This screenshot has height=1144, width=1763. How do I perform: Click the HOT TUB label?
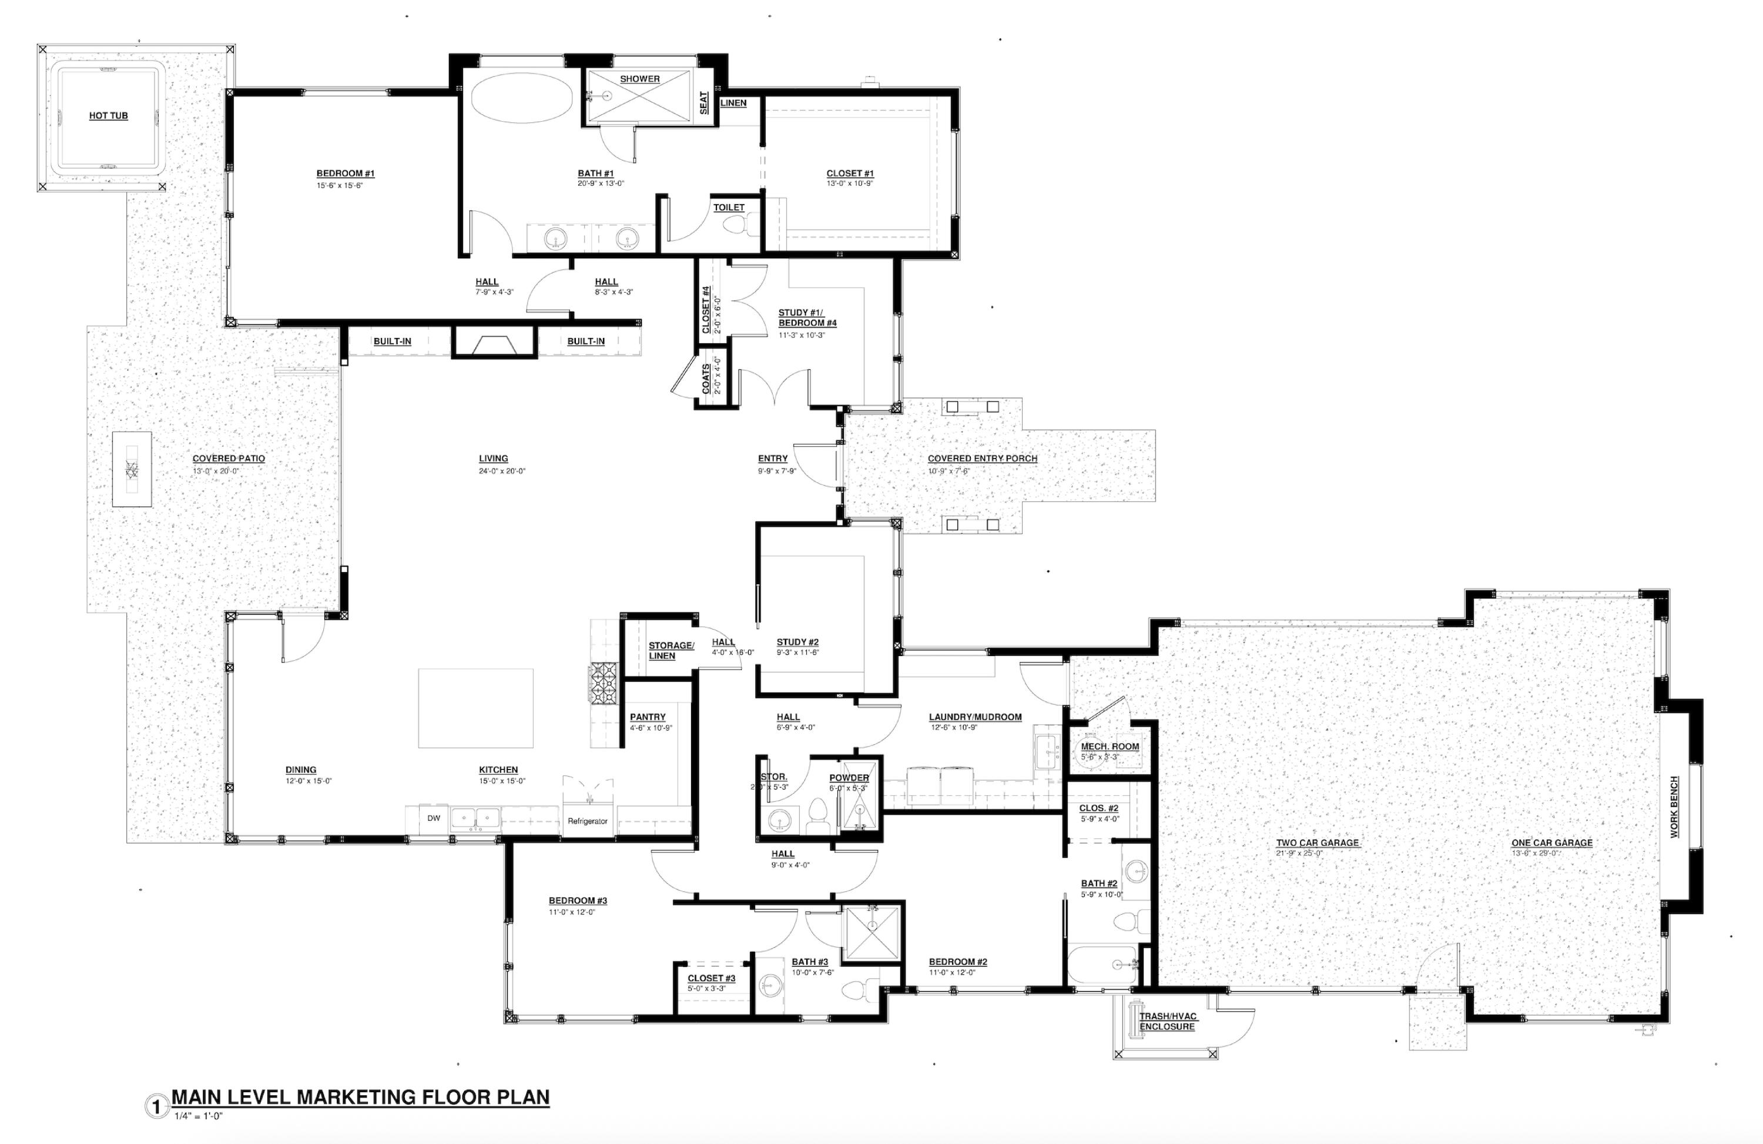[108, 116]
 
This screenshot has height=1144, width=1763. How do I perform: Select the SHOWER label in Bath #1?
[639, 79]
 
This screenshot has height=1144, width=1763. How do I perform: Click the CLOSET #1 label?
[850, 173]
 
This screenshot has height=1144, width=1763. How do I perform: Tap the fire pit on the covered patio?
[132, 469]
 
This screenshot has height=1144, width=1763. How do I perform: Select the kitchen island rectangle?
[475, 708]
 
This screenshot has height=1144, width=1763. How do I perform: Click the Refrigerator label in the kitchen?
[588, 821]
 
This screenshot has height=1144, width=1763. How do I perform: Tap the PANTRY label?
[648, 717]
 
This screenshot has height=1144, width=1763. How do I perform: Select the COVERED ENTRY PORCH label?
[982, 459]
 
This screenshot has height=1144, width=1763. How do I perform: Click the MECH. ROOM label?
[1109, 746]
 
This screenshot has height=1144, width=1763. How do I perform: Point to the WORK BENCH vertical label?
[1674, 807]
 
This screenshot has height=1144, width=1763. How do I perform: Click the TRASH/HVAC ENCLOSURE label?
[1168, 1021]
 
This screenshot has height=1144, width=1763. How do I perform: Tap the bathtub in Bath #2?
[1101, 964]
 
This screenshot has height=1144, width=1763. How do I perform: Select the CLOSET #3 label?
[711, 978]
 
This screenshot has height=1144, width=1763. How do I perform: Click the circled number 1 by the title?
[156, 1108]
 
